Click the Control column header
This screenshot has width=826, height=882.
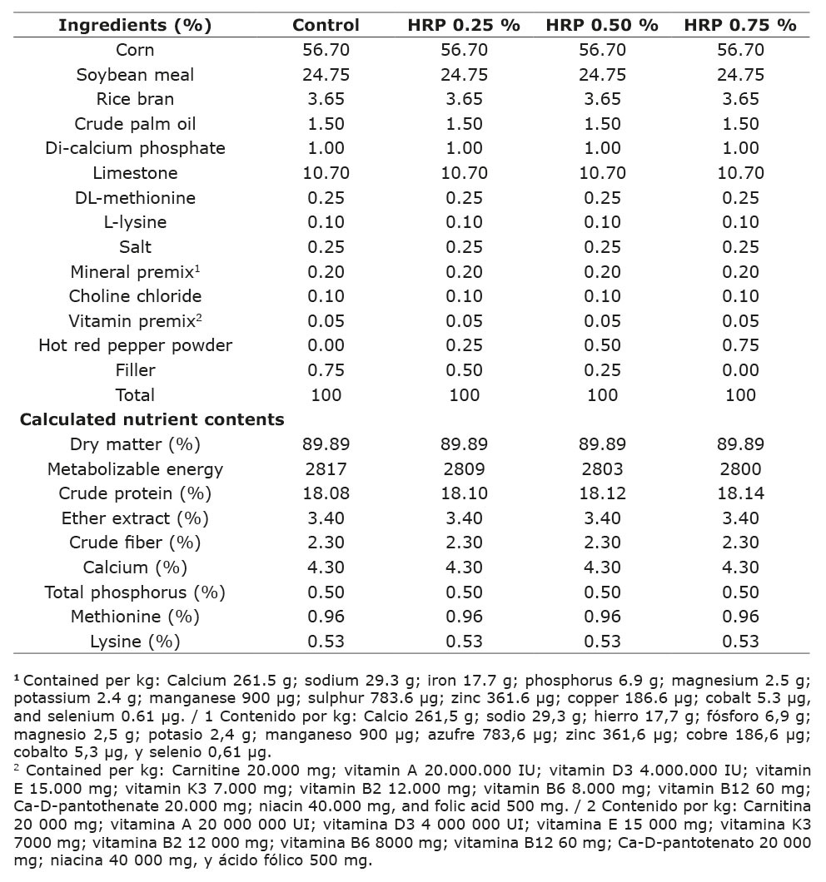tap(326, 25)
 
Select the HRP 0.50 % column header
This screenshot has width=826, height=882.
tap(602, 25)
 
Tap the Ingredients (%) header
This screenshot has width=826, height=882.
tap(135, 25)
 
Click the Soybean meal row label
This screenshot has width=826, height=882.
tap(135, 75)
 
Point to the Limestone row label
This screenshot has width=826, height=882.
tap(135, 173)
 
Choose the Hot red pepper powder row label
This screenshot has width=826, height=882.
tap(135, 345)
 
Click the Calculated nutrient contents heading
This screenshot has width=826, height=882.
tap(152, 419)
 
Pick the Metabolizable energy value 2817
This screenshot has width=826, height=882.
tap(326, 468)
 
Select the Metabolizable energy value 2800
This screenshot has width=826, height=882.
tap(740, 468)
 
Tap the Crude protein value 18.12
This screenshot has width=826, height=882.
tap(602, 493)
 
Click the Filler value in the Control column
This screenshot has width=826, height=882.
tap(326, 370)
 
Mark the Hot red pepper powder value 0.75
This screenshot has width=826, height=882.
tap(740, 345)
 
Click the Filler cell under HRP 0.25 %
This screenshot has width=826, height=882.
tap(464, 370)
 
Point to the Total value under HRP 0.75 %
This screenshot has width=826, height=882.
tap(740, 394)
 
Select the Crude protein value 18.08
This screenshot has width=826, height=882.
tap(326, 493)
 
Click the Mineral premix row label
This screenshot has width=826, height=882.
tap(135, 272)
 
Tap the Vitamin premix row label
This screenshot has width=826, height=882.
tap(135, 321)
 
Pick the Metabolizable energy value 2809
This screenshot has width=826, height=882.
tap(464, 468)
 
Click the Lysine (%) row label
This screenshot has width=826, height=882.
tap(135, 642)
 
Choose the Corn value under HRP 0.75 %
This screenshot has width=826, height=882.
tap(740, 50)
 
